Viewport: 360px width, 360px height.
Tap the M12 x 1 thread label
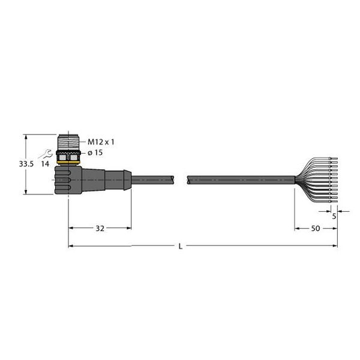[101, 142]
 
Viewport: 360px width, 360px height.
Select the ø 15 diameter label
[97, 153]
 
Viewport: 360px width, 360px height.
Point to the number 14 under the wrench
[45, 163]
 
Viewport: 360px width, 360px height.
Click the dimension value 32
[100, 229]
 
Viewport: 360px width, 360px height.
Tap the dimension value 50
[315, 229]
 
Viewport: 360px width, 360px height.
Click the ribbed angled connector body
[69, 178]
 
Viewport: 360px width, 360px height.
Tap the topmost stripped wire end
[334, 158]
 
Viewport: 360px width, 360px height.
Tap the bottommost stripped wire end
[334, 201]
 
